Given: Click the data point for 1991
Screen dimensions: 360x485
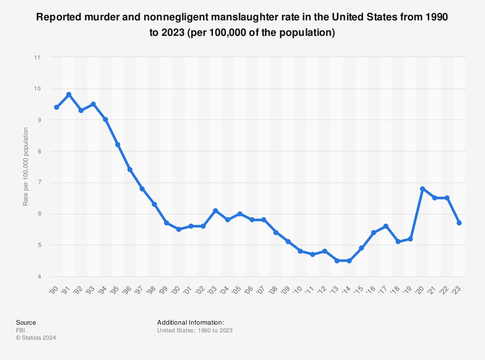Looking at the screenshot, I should tap(69, 94).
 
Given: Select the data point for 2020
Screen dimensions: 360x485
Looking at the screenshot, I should tap(422, 188).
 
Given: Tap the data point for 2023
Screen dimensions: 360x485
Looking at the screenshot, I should tap(459, 223).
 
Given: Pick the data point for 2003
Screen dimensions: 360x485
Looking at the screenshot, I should tap(215, 210).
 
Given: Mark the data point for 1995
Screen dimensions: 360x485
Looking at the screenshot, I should tap(117, 144).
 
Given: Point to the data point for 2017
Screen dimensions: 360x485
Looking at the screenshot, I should tap(386, 226).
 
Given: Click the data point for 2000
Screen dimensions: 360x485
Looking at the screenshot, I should tap(178, 229).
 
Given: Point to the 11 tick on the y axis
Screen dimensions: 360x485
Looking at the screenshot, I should tap(37, 57).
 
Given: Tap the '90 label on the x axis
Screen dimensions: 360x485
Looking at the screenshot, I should tap(54, 290).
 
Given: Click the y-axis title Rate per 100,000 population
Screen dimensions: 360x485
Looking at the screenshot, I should tap(25, 167).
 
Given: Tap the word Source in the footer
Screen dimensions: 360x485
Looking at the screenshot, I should tap(26, 322).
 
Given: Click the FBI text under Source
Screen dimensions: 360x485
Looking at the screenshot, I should tap(20, 330).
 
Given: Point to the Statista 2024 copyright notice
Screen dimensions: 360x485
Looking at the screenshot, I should tap(36, 338).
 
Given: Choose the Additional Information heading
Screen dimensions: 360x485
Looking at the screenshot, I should tap(190, 322).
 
